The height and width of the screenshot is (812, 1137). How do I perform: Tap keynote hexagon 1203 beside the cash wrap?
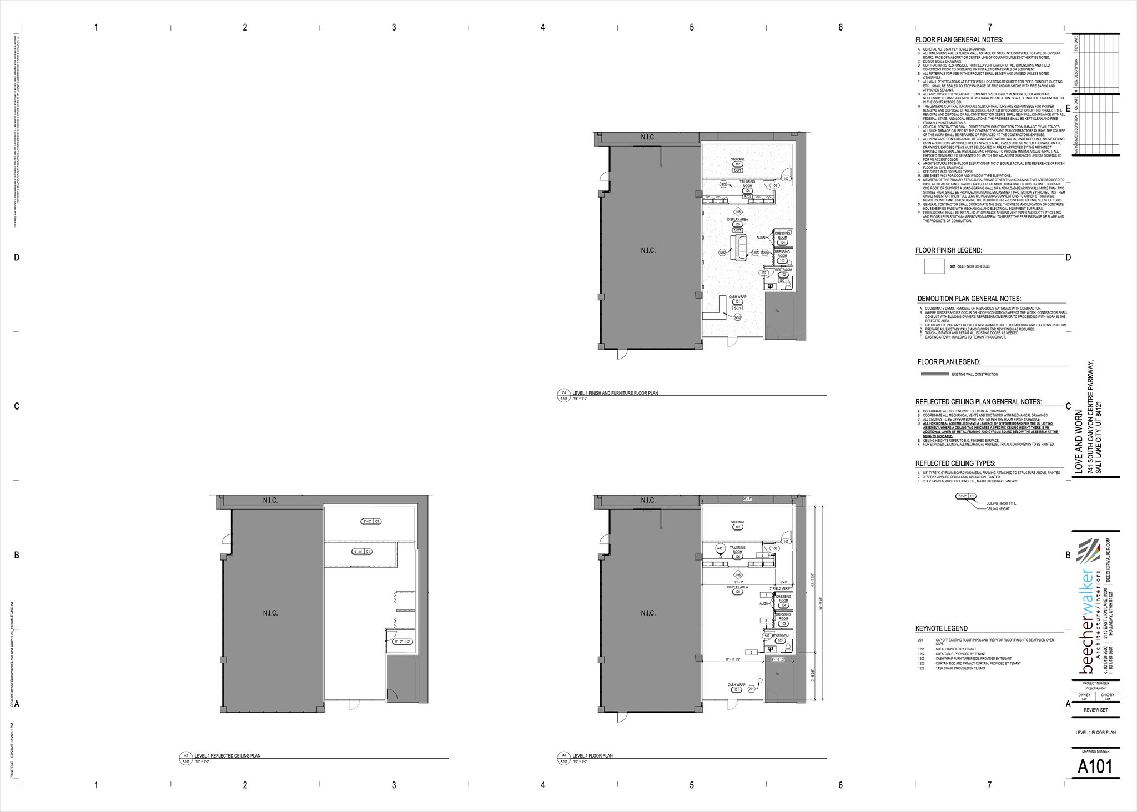tap(738, 317)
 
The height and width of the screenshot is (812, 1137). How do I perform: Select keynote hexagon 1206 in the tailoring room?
tap(723, 184)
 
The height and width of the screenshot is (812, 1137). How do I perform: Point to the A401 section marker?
tap(721, 549)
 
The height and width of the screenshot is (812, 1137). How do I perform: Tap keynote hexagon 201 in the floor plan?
tap(752, 689)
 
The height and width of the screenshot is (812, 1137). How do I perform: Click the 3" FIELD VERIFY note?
tap(780, 588)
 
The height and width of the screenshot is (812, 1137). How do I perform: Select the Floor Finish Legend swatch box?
tap(934, 266)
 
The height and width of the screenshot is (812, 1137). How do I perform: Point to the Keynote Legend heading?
tap(941, 628)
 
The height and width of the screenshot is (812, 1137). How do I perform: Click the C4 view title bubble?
tap(564, 392)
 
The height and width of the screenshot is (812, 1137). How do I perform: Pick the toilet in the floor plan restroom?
tap(771, 648)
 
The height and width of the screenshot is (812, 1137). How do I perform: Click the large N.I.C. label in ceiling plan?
tap(270, 613)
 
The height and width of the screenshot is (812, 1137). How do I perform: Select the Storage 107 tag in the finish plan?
tap(738, 164)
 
